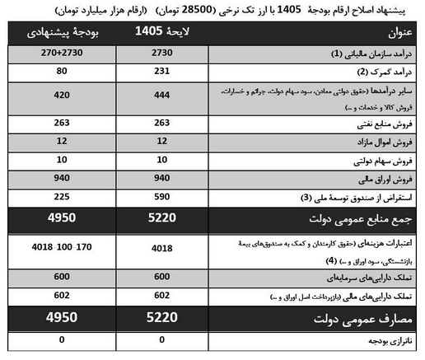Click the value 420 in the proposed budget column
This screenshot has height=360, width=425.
tap(61, 96)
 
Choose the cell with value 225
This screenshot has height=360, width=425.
tap(61, 196)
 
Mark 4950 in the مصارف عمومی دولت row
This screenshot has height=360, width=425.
tap(61, 318)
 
